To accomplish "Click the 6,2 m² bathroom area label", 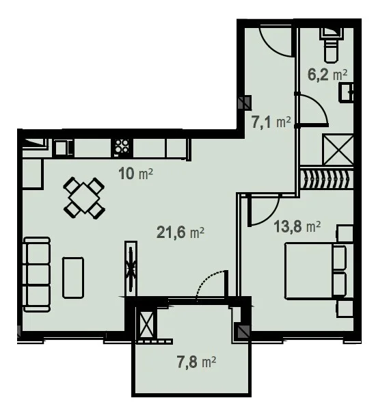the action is [327, 75].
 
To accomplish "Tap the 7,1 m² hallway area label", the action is [271, 122].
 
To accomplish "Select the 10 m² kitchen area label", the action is [135, 174].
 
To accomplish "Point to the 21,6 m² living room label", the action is [180, 233].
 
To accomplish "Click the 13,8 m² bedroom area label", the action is [297, 226].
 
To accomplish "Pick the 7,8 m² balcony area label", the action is [196, 362].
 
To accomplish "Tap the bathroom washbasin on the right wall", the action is [347, 92].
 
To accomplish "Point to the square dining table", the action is [84, 198].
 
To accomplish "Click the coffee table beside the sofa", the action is [73, 278].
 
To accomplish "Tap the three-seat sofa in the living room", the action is [37, 274].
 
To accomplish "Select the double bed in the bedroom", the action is [315, 271].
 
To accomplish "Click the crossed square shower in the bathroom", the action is [338, 150].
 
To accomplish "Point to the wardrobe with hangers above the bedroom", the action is [327, 179].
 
